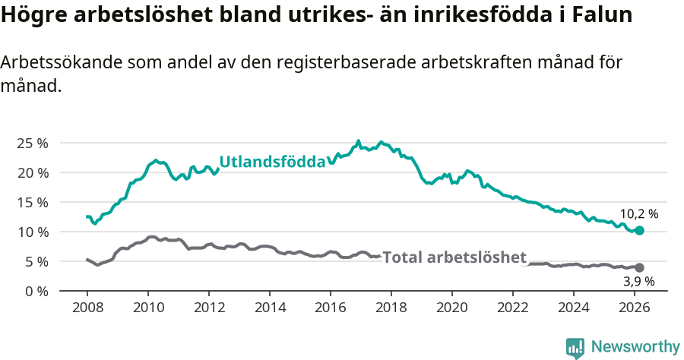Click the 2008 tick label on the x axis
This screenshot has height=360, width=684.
(x=87, y=308)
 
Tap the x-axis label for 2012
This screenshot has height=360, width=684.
(x=209, y=308)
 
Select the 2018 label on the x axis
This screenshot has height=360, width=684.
(x=391, y=308)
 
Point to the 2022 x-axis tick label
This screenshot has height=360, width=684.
(x=513, y=308)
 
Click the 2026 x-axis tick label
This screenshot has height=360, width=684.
(x=635, y=308)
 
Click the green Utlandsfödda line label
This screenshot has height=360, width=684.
(x=272, y=162)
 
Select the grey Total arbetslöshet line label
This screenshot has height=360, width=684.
(x=454, y=257)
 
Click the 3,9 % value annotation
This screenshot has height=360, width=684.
(x=638, y=282)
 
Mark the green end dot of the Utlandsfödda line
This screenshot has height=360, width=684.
(x=639, y=230)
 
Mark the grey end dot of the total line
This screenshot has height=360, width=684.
(x=639, y=267)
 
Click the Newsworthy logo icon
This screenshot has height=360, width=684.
(x=575, y=348)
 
